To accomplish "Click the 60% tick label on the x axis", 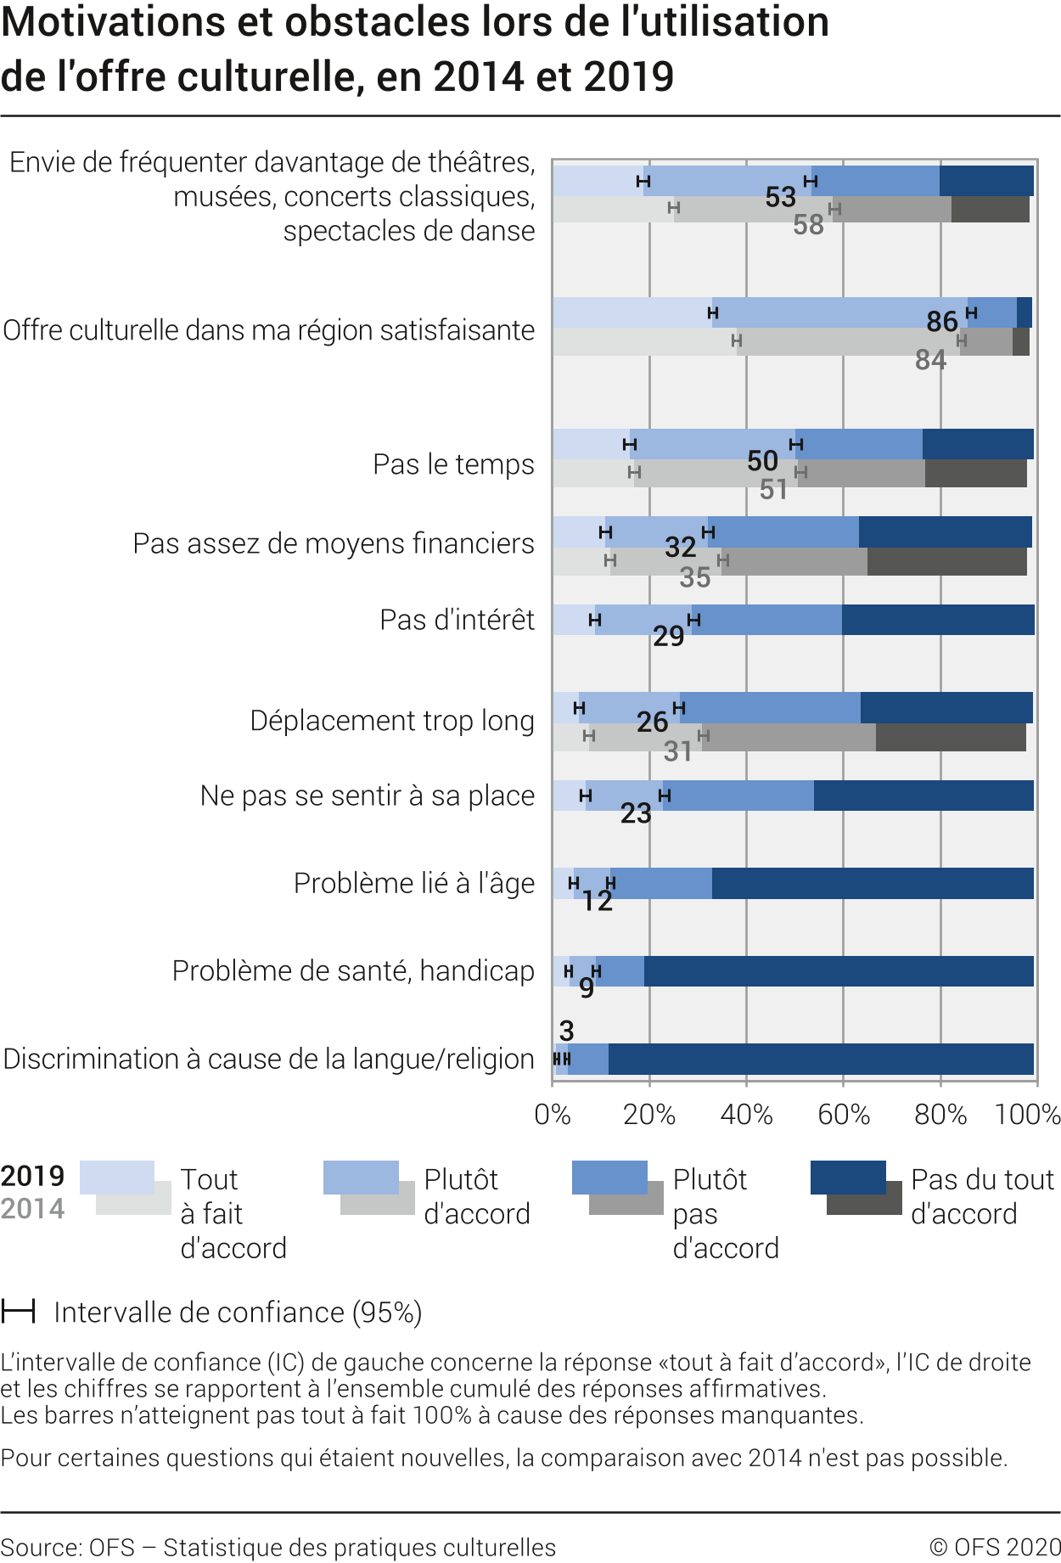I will (843, 1114).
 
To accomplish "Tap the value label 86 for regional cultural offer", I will (941, 322).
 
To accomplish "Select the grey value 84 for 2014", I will (930, 360).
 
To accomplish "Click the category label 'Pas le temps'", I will (453, 464).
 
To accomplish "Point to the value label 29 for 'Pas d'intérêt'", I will (668, 636).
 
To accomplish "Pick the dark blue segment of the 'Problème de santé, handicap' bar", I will (839, 971).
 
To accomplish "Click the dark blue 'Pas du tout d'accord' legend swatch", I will (848, 1178).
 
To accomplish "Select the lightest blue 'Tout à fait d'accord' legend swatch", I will (116, 1178).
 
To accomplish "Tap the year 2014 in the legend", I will (32, 1209).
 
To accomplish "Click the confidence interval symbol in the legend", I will (18, 1312).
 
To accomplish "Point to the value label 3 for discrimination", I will (566, 1031).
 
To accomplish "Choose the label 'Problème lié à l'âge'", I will (413, 884).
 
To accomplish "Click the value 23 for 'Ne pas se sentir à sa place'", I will (635, 813).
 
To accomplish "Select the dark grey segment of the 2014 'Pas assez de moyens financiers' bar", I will (946, 562).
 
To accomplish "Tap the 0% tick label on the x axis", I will (553, 1114).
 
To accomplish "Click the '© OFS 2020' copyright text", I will (994, 1547).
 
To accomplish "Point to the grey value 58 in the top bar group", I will (808, 225).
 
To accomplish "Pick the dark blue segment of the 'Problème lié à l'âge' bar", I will (873, 884).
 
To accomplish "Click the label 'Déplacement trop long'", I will (392, 721).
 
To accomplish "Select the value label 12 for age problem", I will (597, 901).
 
